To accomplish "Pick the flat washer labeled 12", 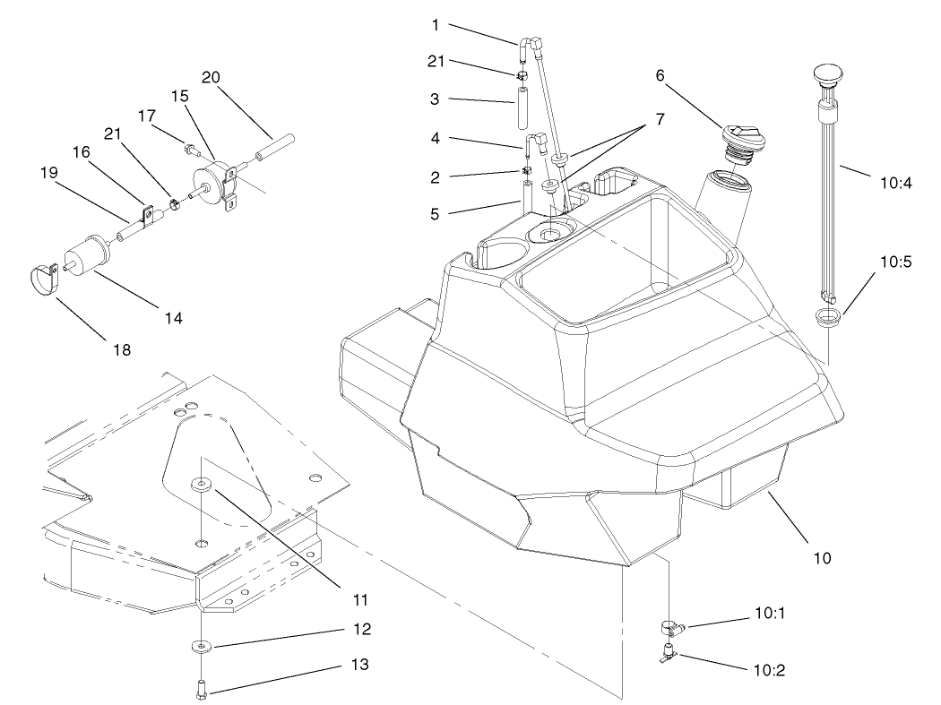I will [x=203, y=645].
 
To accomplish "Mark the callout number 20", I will [x=211, y=77].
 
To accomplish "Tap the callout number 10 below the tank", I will [x=821, y=558].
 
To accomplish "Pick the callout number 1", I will [x=436, y=24].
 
